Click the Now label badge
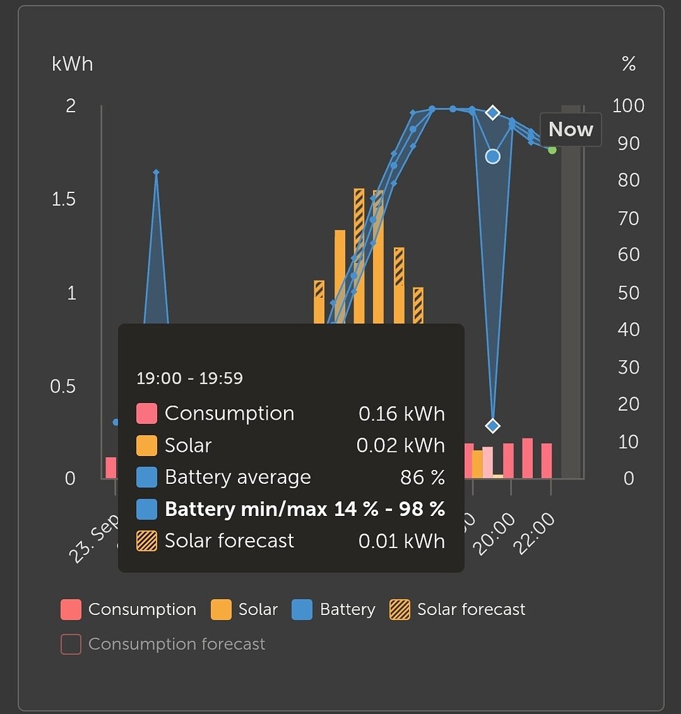click(x=570, y=130)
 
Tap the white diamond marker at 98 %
click(x=493, y=112)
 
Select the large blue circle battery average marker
click(x=493, y=156)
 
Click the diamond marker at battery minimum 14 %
click(x=493, y=425)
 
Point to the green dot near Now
click(x=552, y=149)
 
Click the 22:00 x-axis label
click(x=536, y=533)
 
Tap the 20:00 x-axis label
click(x=495, y=533)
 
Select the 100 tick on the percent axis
click(x=628, y=106)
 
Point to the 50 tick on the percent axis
click(x=628, y=293)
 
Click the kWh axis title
click(x=72, y=65)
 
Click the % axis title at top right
click(x=628, y=65)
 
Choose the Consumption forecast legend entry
click(x=163, y=644)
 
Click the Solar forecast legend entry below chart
click(x=458, y=609)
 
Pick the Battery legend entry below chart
click(x=334, y=609)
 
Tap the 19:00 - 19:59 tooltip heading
click(x=189, y=379)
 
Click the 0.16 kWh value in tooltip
click(x=401, y=413)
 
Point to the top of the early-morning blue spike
click(x=156, y=172)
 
